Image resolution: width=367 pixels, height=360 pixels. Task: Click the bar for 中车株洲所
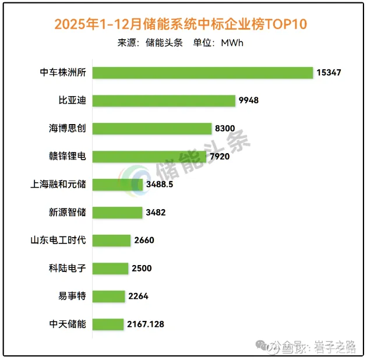(203, 72)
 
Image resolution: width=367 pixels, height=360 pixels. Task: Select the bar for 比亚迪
(164, 100)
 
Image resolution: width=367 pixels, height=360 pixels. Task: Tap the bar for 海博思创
(151, 128)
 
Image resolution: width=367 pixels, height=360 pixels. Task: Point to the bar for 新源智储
(117, 212)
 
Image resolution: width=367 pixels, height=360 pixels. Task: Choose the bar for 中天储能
(108, 324)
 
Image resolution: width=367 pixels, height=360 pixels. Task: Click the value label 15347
(329, 73)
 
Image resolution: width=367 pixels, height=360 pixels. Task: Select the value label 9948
(249, 101)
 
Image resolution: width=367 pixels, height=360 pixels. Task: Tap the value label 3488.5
(160, 184)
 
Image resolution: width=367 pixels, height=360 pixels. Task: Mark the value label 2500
(142, 268)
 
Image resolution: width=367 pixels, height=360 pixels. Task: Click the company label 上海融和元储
(58, 184)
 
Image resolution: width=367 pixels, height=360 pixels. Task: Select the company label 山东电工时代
(58, 240)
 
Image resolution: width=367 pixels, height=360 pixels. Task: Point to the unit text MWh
(232, 43)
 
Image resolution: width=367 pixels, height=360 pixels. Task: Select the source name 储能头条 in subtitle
(164, 43)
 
